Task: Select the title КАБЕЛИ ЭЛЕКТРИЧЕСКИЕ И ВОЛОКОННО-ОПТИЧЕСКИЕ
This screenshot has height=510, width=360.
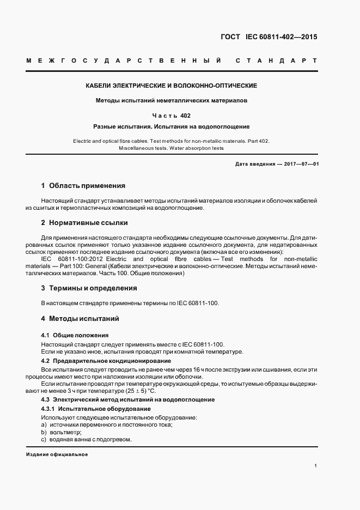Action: tap(172, 86)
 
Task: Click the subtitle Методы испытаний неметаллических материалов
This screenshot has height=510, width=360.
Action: tap(172, 101)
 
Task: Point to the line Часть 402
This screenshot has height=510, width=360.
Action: tap(172, 116)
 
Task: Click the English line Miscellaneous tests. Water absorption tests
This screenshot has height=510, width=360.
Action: tap(172, 148)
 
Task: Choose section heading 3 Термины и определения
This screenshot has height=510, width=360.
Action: tap(89, 288)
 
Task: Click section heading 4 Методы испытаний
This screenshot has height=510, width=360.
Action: tap(80, 318)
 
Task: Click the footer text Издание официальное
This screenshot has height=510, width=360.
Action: tap(57, 455)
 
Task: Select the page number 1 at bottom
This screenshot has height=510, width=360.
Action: tap(315, 466)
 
